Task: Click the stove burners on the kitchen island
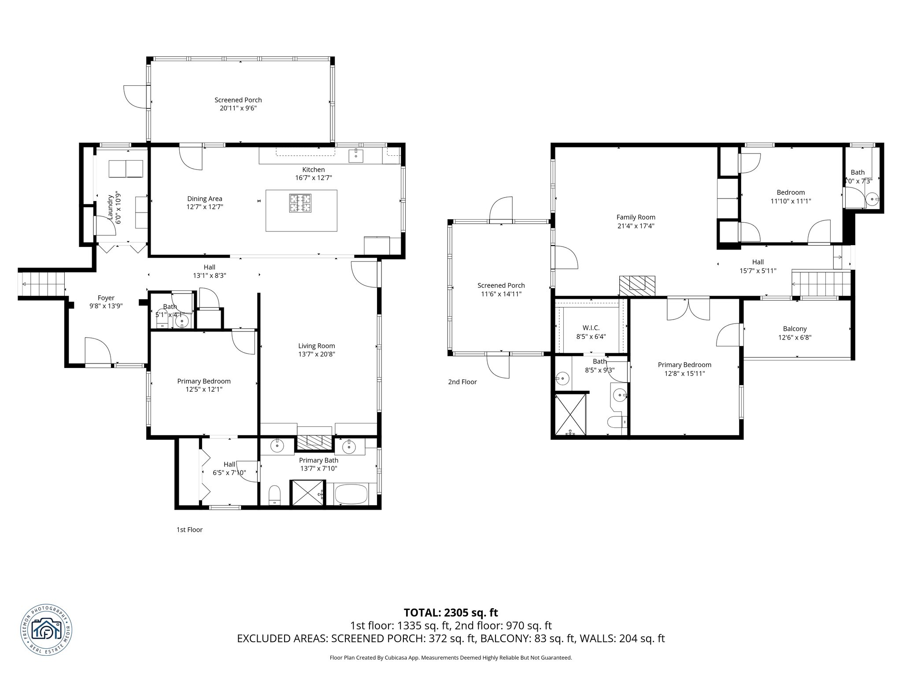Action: pyautogui.click(x=300, y=203)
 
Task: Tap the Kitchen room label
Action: pyautogui.click(x=313, y=169)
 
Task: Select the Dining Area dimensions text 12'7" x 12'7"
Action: pyautogui.click(x=204, y=207)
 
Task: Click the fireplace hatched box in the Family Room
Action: pyautogui.click(x=637, y=285)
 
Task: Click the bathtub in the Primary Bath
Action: pyautogui.click(x=351, y=494)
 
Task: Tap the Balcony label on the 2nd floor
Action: pyautogui.click(x=795, y=329)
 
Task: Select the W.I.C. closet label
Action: pyautogui.click(x=591, y=328)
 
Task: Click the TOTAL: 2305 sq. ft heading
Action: pyautogui.click(x=451, y=612)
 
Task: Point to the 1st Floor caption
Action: pyautogui.click(x=189, y=529)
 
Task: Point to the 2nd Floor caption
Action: pyautogui.click(x=462, y=382)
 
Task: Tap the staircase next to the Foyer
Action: pyautogui.click(x=42, y=284)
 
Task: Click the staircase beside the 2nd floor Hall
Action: pyautogui.click(x=820, y=284)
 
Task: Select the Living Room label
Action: pyautogui.click(x=316, y=346)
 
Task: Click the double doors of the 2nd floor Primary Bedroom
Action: pyautogui.click(x=688, y=308)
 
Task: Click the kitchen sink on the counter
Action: pyautogui.click(x=355, y=155)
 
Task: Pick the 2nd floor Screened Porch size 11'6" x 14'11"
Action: pyautogui.click(x=501, y=294)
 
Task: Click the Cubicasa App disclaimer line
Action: pyautogui.click(x=451, y=658)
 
